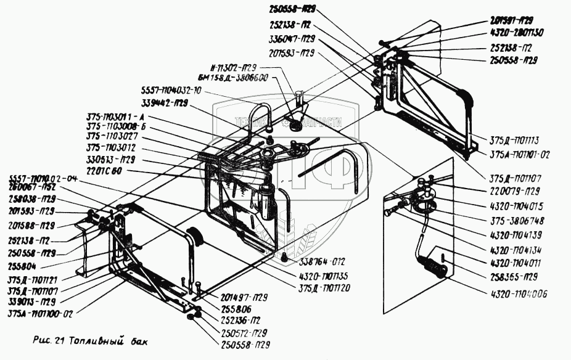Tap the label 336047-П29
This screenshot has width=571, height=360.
point(291,38)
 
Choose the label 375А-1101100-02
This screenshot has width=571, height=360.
point(40,313)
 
